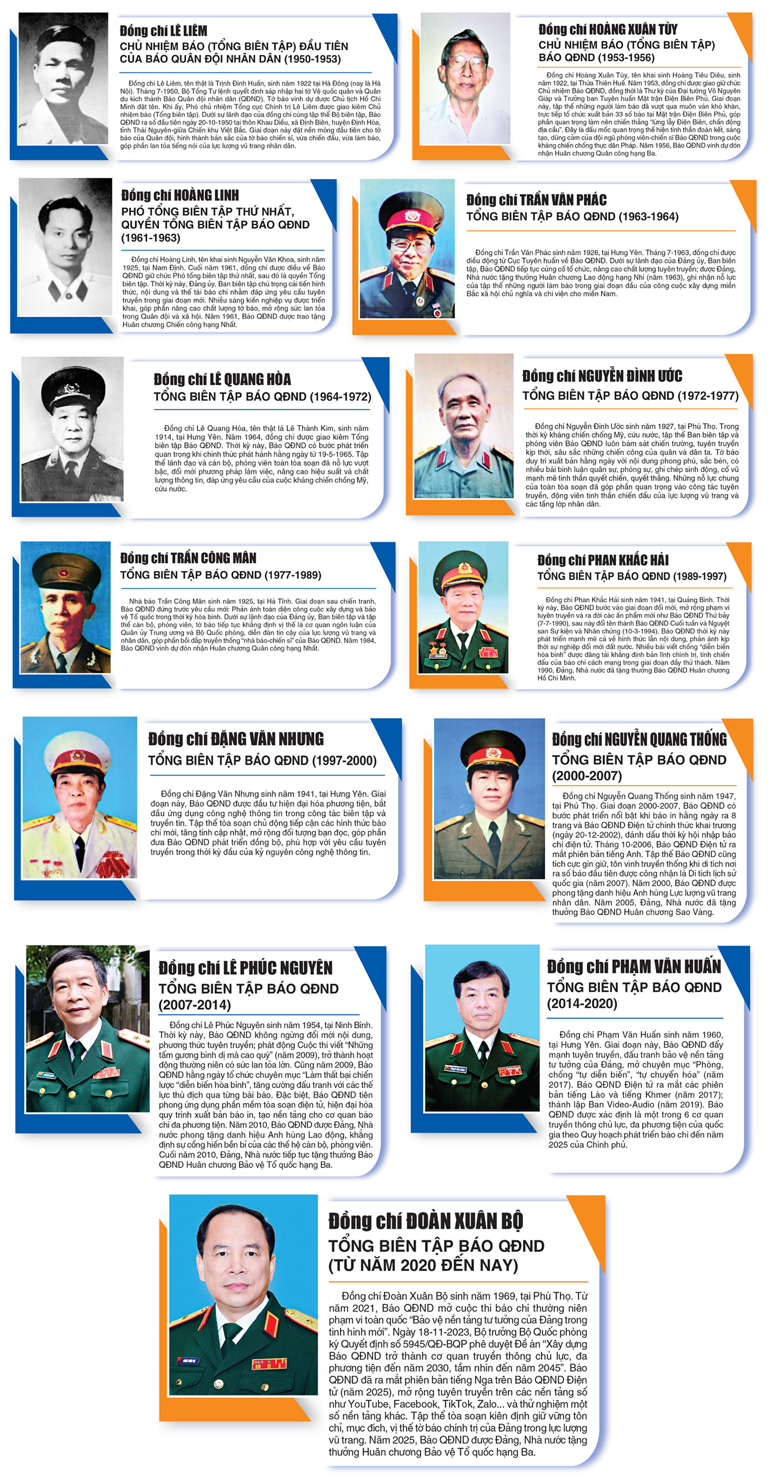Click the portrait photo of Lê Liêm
63,78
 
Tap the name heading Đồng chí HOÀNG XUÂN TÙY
608,29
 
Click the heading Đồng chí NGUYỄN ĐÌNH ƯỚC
602,377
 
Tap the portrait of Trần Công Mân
65,607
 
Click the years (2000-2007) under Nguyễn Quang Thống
587,776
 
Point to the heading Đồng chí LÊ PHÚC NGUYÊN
246,968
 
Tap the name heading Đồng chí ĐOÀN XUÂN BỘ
425,1221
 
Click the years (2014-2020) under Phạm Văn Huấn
582,1004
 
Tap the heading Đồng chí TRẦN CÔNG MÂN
188,558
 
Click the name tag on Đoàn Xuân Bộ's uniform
191,1360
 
